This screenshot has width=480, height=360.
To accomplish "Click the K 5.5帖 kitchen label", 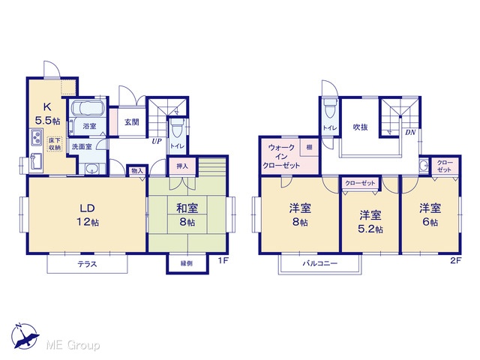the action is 47,113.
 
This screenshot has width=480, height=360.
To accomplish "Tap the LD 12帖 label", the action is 88,215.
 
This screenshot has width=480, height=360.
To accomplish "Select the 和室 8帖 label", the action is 187,215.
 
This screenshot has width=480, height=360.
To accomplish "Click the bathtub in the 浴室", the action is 88,108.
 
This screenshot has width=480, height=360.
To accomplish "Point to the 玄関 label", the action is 132,122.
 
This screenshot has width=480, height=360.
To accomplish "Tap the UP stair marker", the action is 157,142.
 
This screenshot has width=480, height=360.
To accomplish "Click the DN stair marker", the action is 410,133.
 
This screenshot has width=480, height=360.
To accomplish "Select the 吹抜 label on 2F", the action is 360,127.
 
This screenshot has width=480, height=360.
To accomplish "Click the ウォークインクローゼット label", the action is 282,157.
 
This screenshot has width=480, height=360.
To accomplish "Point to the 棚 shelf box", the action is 309,148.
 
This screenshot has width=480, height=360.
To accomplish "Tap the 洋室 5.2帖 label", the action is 370,222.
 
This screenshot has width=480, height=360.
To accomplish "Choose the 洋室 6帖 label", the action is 430,215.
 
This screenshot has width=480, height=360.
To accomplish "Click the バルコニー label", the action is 320,263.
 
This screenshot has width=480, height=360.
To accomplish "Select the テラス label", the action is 87,264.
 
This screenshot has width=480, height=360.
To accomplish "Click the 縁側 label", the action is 187,263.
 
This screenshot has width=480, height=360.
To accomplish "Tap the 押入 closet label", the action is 182,166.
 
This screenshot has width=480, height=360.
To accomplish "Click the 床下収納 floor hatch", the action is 55,144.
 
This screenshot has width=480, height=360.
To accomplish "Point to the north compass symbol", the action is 25,336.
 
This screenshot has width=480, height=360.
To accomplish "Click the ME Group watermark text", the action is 73,345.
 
